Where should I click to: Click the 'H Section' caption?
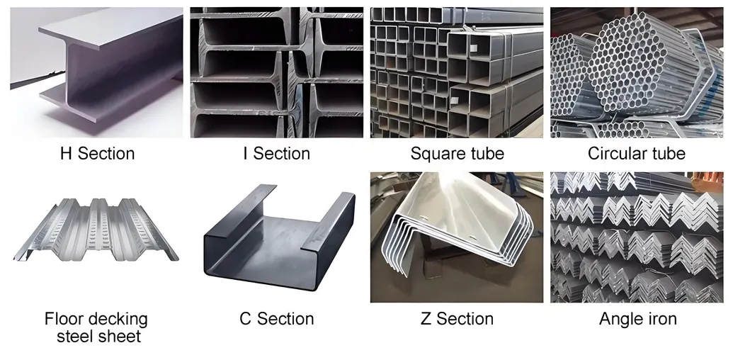pos(97,154)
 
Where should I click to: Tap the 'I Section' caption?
pos(276,154)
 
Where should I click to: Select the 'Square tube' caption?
pos(458,154)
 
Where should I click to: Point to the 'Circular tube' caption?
pos(637,154)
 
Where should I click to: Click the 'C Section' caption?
pos(276,319)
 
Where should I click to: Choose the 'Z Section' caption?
pos(458,319)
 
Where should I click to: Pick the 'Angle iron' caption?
pos(637,319)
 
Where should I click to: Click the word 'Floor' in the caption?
pos(63,319)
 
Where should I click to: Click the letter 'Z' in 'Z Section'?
pos(426,319)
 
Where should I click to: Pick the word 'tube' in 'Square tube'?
pos(484,154)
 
